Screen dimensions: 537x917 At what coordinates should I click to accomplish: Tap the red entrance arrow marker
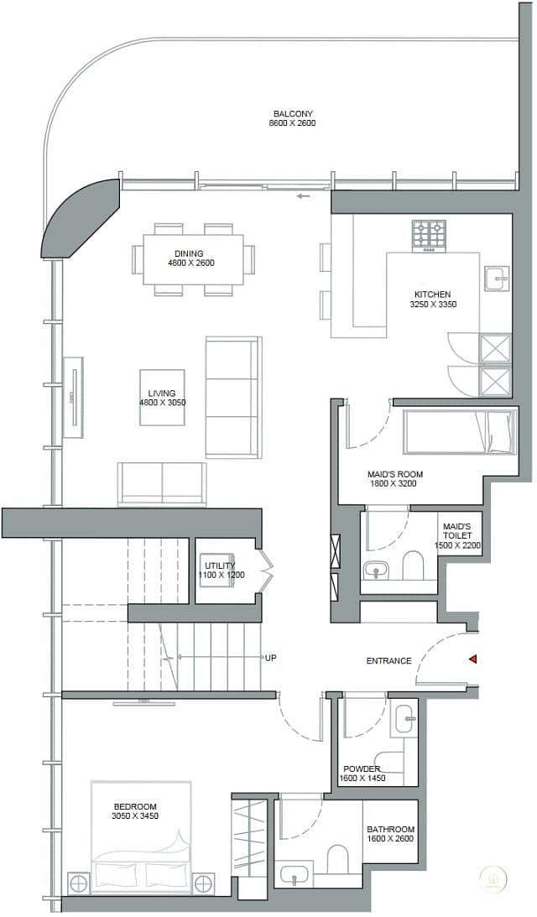click(472, 659)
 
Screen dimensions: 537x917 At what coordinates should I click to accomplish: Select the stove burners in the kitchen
click(429, 234)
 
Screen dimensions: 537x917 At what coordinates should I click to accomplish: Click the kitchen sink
click(496, 279)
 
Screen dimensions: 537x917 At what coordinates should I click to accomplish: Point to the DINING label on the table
click(189, 254)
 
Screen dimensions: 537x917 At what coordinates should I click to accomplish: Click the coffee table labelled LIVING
click(162, 397)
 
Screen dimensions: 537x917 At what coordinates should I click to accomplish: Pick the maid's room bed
click(460, 431)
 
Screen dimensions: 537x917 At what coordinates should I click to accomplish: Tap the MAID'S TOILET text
click(456, 531)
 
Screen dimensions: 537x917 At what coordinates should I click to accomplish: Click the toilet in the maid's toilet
click(413, 565)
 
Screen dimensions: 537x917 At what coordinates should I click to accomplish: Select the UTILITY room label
click(220, 565)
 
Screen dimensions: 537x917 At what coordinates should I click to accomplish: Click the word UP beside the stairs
click(270, 658)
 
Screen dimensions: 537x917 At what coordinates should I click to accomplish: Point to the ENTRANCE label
click(389, 661)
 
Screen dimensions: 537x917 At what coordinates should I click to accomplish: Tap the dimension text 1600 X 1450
click(362, 779)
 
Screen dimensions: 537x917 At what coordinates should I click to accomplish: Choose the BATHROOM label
click(390, 829)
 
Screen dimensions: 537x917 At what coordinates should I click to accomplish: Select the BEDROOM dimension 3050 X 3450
click(135, 815)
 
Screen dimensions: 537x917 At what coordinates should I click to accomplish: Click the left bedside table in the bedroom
click(78, 883)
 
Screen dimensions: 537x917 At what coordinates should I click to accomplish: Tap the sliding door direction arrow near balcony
click(302, 196)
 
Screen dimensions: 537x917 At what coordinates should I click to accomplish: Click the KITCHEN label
click(432, 294)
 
